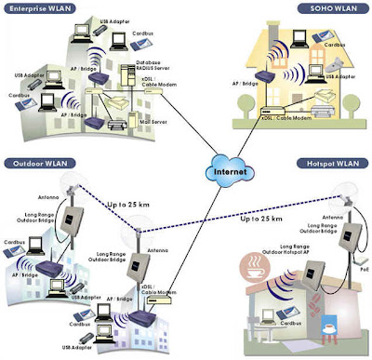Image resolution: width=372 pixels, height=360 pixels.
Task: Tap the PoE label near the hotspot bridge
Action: click(362, 267)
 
